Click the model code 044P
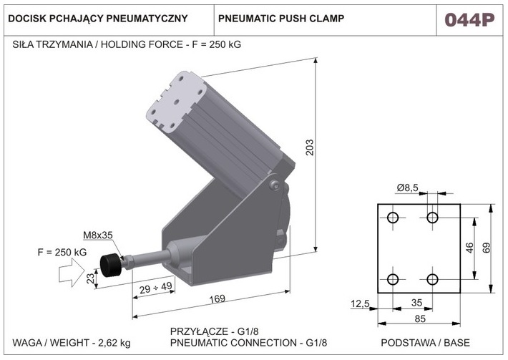tap(469, 19)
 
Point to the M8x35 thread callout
tap(98, 235)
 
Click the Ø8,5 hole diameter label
tap(409, 188)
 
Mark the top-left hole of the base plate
tap(393, 218)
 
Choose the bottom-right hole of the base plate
tap(432, 279)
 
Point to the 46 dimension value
tap(469, 248)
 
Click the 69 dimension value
tap(486, 248)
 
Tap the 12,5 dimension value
tap(360, 304)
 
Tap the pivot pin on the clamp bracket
tap(275, 186)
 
